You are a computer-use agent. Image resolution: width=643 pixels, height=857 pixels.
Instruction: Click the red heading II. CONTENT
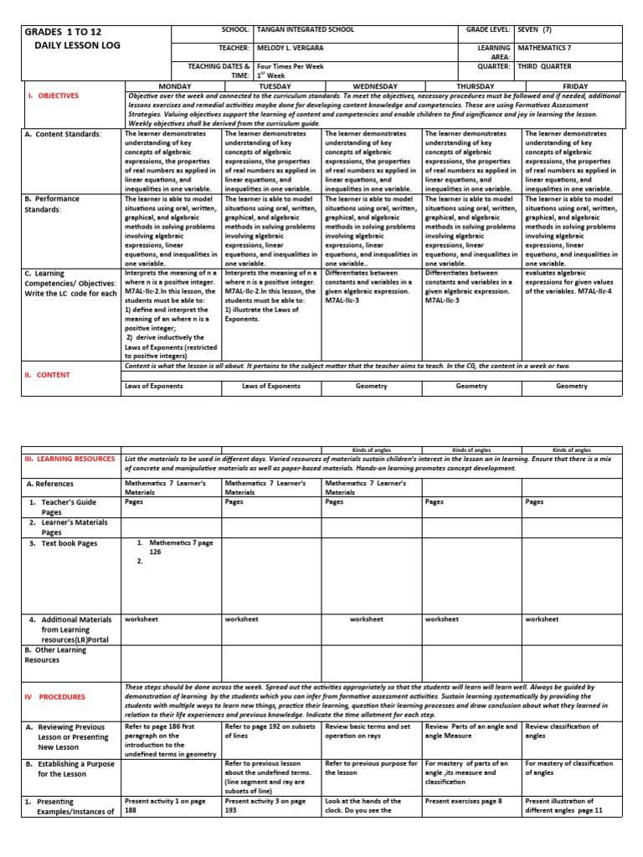[x=47, y=375]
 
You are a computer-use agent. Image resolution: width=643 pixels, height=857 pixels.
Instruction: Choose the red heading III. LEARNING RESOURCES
[x=69, y=459]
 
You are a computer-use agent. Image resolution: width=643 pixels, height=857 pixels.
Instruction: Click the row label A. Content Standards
[x=63, y=134]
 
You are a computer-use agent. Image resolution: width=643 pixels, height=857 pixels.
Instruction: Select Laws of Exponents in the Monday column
[x=172, y=386]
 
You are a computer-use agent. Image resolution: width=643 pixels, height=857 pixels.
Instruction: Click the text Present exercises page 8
[x=463, y=801]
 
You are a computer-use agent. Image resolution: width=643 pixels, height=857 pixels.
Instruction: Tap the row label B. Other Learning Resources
[x=54, y=654]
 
